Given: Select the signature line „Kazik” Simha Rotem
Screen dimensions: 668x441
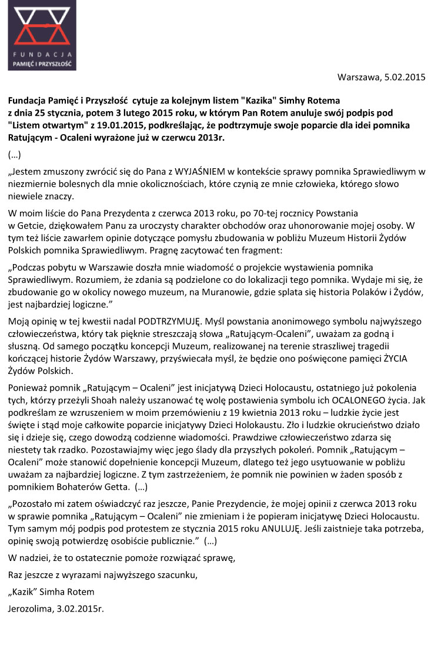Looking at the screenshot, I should click(x=51, y=592).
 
